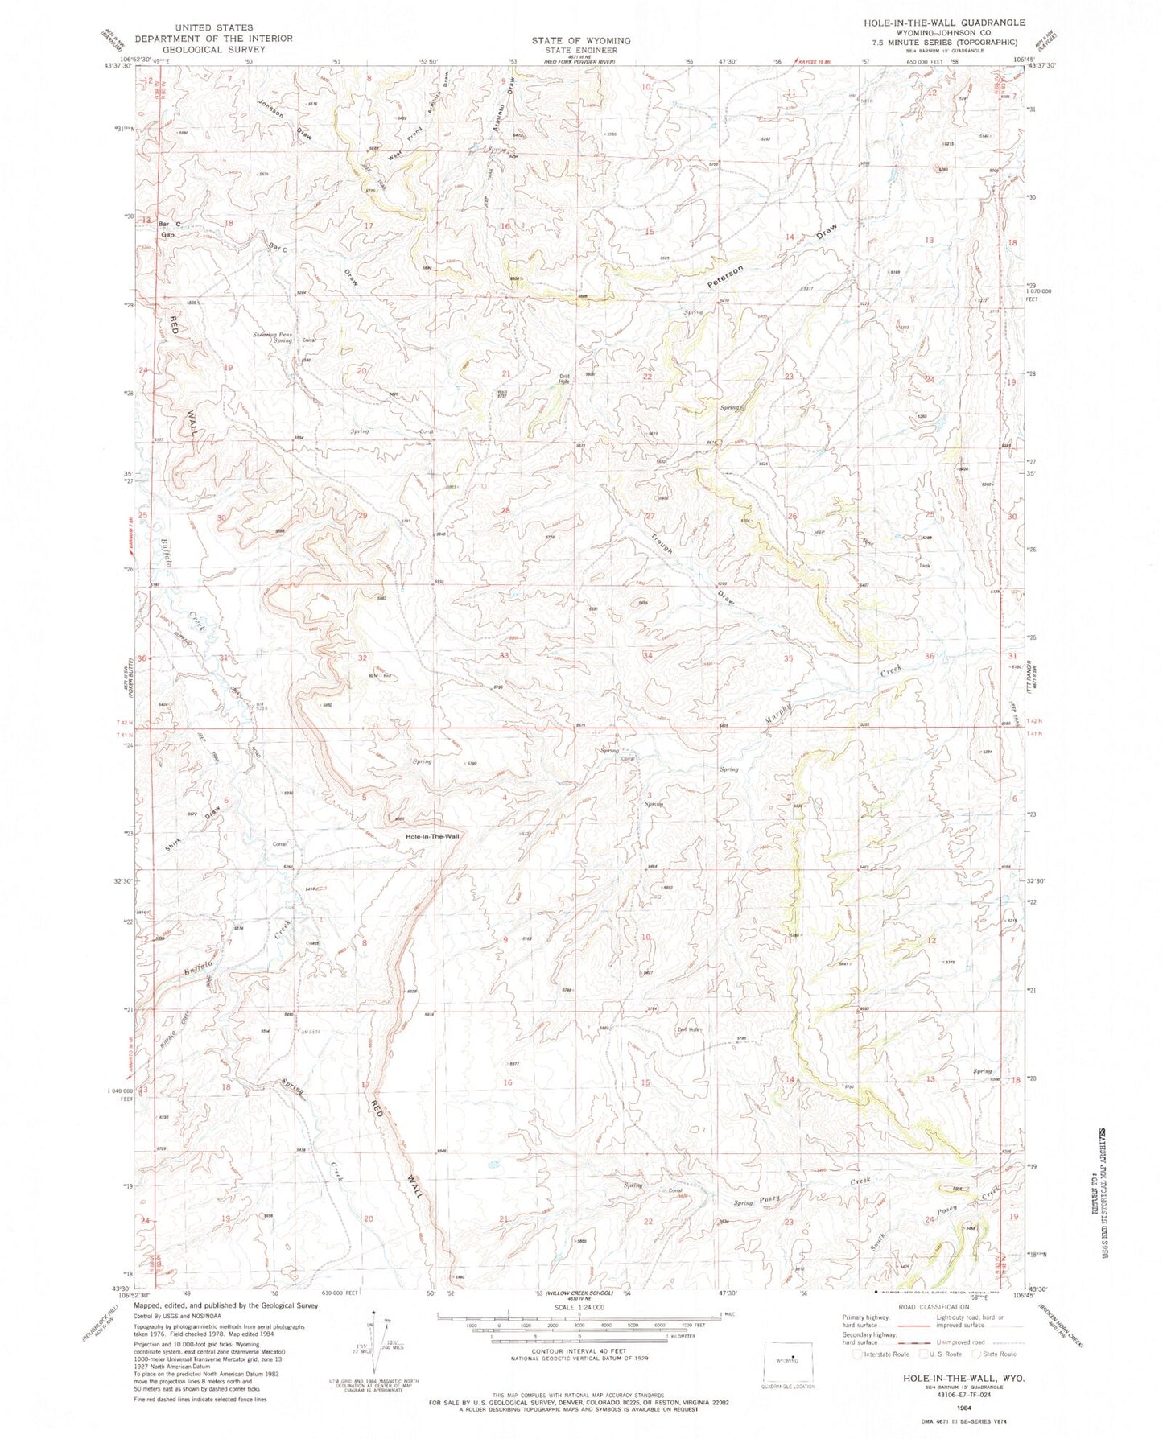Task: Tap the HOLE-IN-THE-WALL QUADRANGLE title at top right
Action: tap(943, 22)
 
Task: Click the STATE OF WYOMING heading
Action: tap(580, 40)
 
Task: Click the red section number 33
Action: tap(504, 656)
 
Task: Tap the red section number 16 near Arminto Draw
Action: tap(505, 226)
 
